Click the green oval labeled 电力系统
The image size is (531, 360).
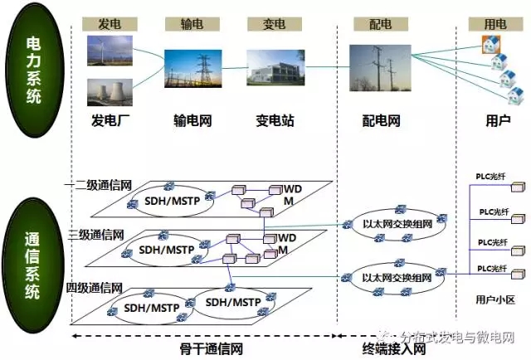tap(34, 72)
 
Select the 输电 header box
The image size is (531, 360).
tap(192, 24)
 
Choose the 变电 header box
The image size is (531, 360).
tap(268, 24)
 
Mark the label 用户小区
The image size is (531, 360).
tap(495, 297)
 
